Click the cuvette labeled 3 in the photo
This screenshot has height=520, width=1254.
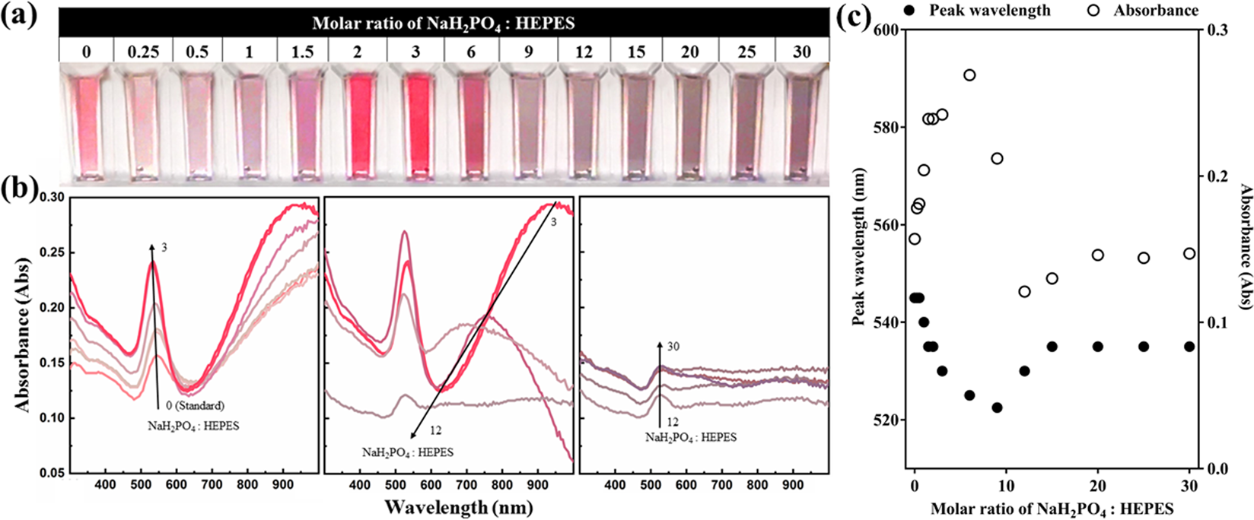(415, 122)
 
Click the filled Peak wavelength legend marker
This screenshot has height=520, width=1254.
(885, 11)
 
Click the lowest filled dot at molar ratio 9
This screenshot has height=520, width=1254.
(997, 407)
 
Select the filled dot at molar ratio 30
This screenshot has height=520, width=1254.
(1189, 347)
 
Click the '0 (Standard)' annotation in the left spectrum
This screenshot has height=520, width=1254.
(194, 405)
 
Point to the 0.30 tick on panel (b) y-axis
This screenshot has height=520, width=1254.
(52, 197)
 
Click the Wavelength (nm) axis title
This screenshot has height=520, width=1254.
(448, 506)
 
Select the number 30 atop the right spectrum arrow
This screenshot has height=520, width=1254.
(673, 347)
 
